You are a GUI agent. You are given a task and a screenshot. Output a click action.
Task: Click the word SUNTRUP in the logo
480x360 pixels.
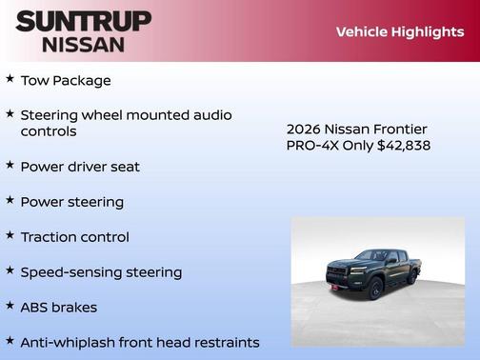[x=83, y=21]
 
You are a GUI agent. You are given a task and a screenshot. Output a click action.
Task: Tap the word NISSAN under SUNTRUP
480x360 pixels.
[x=83, y=44]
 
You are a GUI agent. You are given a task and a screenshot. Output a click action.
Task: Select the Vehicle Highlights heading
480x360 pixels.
[x=400, y=31]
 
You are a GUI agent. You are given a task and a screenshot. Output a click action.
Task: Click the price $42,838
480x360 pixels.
[x=404, y=146]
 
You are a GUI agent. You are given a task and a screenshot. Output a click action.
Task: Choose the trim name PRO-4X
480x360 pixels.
[x=310, y=146]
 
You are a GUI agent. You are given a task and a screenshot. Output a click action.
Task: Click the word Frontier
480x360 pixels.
[x=399, y=130]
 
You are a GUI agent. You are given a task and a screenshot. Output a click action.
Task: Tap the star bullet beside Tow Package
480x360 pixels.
[x=10, y=79]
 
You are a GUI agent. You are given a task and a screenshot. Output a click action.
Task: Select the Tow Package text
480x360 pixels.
[x=66, y=81]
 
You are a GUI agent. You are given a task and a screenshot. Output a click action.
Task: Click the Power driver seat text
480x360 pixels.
[x=80, y=167]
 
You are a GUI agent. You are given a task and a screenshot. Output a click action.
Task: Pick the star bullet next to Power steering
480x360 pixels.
[x=10, y=200]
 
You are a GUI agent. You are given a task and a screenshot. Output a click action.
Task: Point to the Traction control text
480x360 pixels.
[x=74, y=237]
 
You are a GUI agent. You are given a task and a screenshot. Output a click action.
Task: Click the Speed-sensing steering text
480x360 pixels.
[x=101, y=272]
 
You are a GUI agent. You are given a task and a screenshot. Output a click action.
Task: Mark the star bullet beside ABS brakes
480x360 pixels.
[x=10, y=306]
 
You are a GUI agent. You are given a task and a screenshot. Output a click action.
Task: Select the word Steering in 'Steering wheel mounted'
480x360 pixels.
[x=52, y=115]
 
